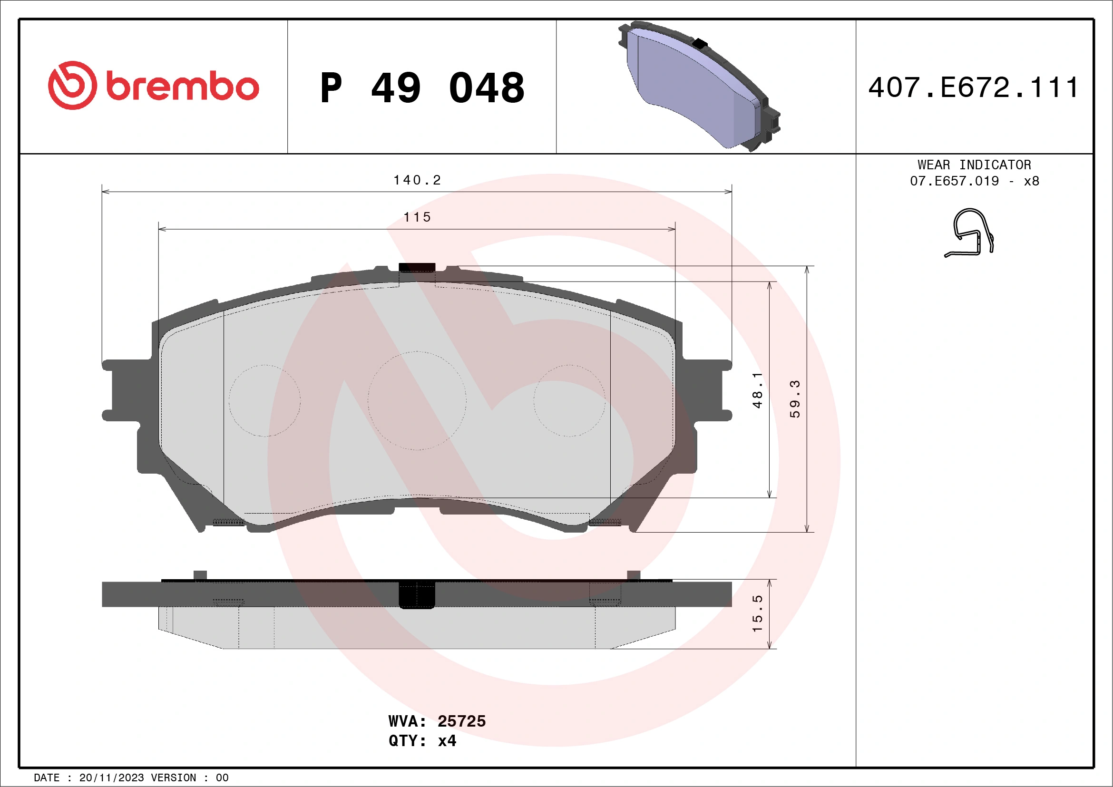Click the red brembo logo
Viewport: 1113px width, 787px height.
(x=153, y=86)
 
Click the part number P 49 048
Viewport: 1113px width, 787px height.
(x=422, y=88)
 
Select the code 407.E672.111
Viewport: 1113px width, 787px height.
(x=973, y=87)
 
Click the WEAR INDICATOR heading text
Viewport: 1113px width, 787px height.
(x=974, y=165)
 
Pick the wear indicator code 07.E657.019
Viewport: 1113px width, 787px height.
(x=954, y=181)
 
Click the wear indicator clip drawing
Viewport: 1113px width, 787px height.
(x=969, y=233)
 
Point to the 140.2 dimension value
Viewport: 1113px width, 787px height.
(x=417, y=180)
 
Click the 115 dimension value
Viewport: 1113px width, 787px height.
(x=417, y=217)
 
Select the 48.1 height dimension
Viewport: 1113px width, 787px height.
(x=757, y=390)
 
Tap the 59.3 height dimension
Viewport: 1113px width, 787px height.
(x=794, y=399)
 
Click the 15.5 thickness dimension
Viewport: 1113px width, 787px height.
(x=757, y=613)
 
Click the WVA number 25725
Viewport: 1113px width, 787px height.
(x=461, y=721)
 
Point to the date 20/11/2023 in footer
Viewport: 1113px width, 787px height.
(x=111, y=778)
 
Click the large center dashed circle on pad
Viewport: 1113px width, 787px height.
(x=417, y=401)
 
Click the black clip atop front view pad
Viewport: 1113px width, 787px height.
(x=417, y=267)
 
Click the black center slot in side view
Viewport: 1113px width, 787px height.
(x=417, y=594)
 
